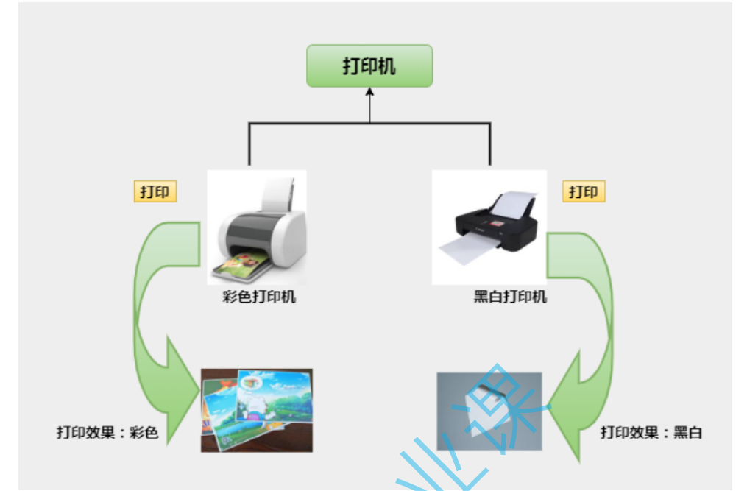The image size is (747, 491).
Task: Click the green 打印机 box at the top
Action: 369,66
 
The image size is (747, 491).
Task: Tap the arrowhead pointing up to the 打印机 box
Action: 369,93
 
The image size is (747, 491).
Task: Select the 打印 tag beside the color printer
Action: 155,192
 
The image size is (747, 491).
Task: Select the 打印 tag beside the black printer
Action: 584,192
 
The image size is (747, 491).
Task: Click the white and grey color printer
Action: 258,228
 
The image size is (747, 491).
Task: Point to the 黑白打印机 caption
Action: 510,298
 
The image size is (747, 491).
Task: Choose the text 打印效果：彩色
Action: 107,432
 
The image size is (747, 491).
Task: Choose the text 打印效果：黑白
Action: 651,432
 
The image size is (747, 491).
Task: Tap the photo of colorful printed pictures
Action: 256,410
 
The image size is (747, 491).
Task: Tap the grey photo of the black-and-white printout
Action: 489,410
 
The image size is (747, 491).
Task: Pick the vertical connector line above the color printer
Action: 249,145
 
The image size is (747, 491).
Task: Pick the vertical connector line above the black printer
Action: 490,145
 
